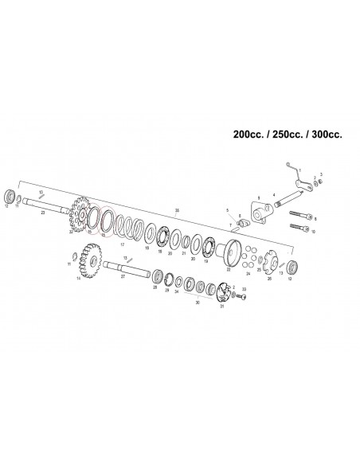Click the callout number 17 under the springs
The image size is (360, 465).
click(122, 246)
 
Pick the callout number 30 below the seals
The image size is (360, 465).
click(198, 303)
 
